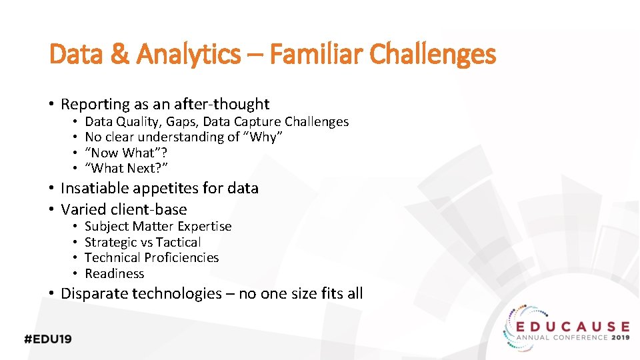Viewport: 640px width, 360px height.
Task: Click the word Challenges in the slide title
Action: click(x=433, y=55)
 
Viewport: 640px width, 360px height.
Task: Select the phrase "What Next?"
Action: click(x=126, y=168)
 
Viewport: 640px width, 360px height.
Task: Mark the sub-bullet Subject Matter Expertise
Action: click(x=158, y=226)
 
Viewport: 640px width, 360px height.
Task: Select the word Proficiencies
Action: click(x=181, y=257)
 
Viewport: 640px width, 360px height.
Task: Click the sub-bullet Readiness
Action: click(x=114, y=273)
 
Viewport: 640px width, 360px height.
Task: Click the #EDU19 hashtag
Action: click(x=48, y=339)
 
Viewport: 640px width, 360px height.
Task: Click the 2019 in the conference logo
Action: click(x=619, y=337)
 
